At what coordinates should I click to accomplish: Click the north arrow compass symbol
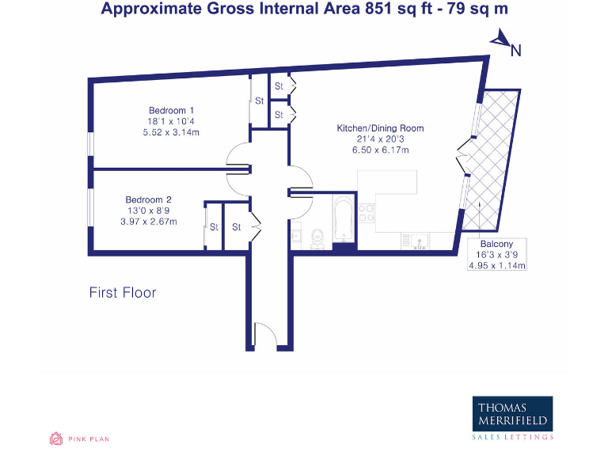[x=503, y=41]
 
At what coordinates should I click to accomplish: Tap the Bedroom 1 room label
[x=172, y=110]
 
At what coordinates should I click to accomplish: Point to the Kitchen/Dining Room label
[x=380, y=127]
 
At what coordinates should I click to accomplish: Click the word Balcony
[x=496, y=244]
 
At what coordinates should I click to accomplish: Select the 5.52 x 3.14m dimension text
[x=172, y=132]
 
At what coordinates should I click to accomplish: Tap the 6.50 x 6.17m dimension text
[x=380, y=150]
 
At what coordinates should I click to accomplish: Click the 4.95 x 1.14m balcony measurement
[x=497, y=266]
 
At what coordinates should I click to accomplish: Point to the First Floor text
[x=122, y=293]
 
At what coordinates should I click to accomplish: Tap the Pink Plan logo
[x=79, y=438]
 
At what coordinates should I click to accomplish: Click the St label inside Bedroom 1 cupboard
[x=259, y=101]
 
